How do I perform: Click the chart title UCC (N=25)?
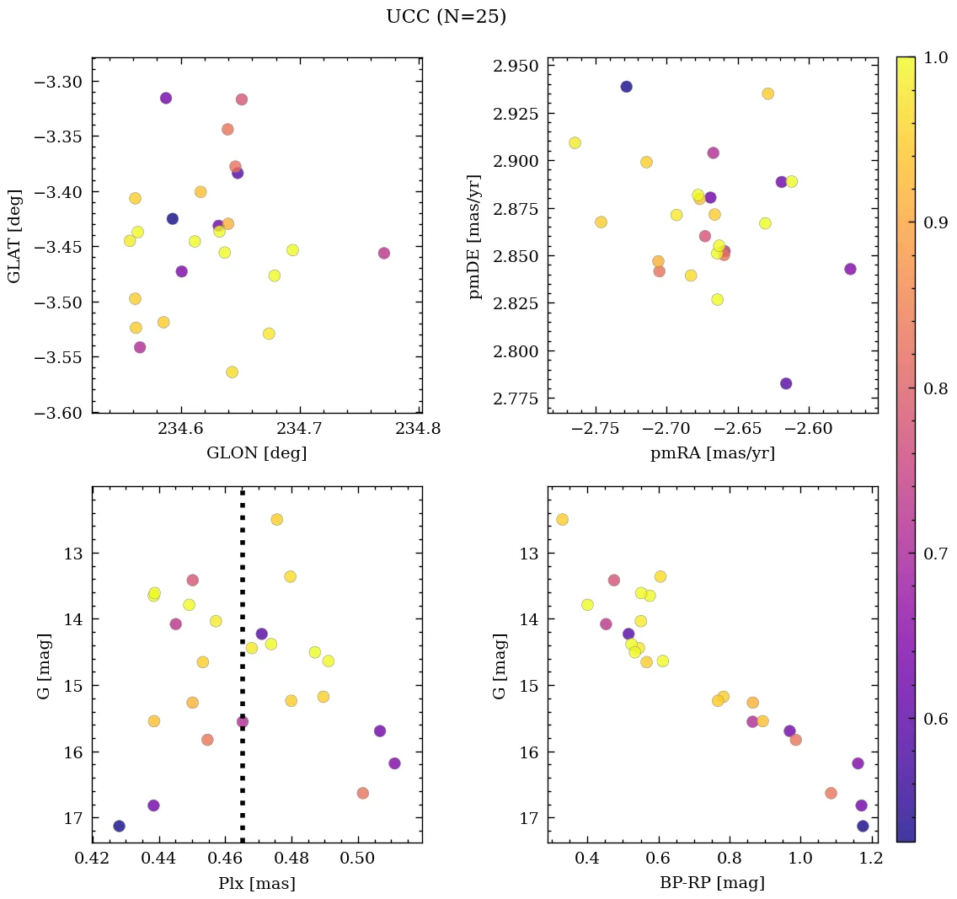pyautogui.click(x=446, y=17)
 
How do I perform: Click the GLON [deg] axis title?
pyautogui.click(x=256, y=453)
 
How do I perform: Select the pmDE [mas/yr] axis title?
pyautogui.click(x=476, y=235)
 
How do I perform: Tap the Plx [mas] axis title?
pyautogui.click(x=256, y=883)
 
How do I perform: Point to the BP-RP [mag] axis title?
pyautogui.click(x=713, y=883)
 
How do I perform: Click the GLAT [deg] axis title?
pyautogui.click(x=15, y=235)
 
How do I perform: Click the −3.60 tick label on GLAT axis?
pyautogui.click(x=59, y=413)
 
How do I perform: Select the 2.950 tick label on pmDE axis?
pyautogui.click(x=514, y=67)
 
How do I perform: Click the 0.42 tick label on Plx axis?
pyautogui.click(x=93, y=859)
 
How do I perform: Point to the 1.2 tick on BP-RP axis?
pyautogui.click(x=870, y=859)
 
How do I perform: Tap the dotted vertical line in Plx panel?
pyautogui.click(x=243, y=657)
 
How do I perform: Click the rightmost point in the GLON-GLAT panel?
pyautogui.click(x=384, y=253)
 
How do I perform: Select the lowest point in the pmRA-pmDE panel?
pyautogui.click(x=786, y=383)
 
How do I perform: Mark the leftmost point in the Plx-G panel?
pyautogui.click(x=119, y=826)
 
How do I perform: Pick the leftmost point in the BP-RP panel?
pyautogui.click(x=562, y=519)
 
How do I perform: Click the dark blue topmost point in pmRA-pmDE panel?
pyautogui.click(x=626, y=87)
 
